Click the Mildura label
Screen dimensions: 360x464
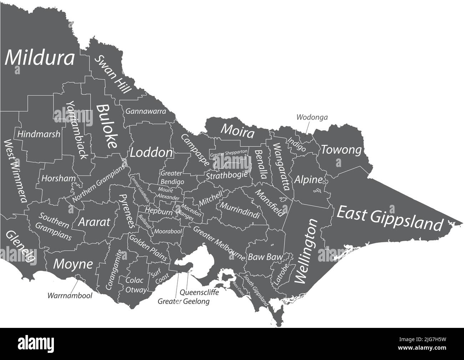tap(40, 57)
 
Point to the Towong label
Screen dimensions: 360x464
tap(341, 150)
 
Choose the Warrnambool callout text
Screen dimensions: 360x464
tap(70, 295)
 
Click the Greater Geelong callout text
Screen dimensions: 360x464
tap(184, 301)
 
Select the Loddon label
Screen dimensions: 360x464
tap(151, 153)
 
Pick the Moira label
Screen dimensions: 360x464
tap(238, 131)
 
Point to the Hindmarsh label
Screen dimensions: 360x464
tap(39, 134)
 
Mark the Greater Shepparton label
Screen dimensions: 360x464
tap(229, 154)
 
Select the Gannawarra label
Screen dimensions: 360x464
tap(146, 111)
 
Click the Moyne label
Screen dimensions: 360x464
tap(73, 264)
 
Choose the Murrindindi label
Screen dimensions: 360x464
tap(239, 211)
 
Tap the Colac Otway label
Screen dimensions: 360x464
tap(135, 285)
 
